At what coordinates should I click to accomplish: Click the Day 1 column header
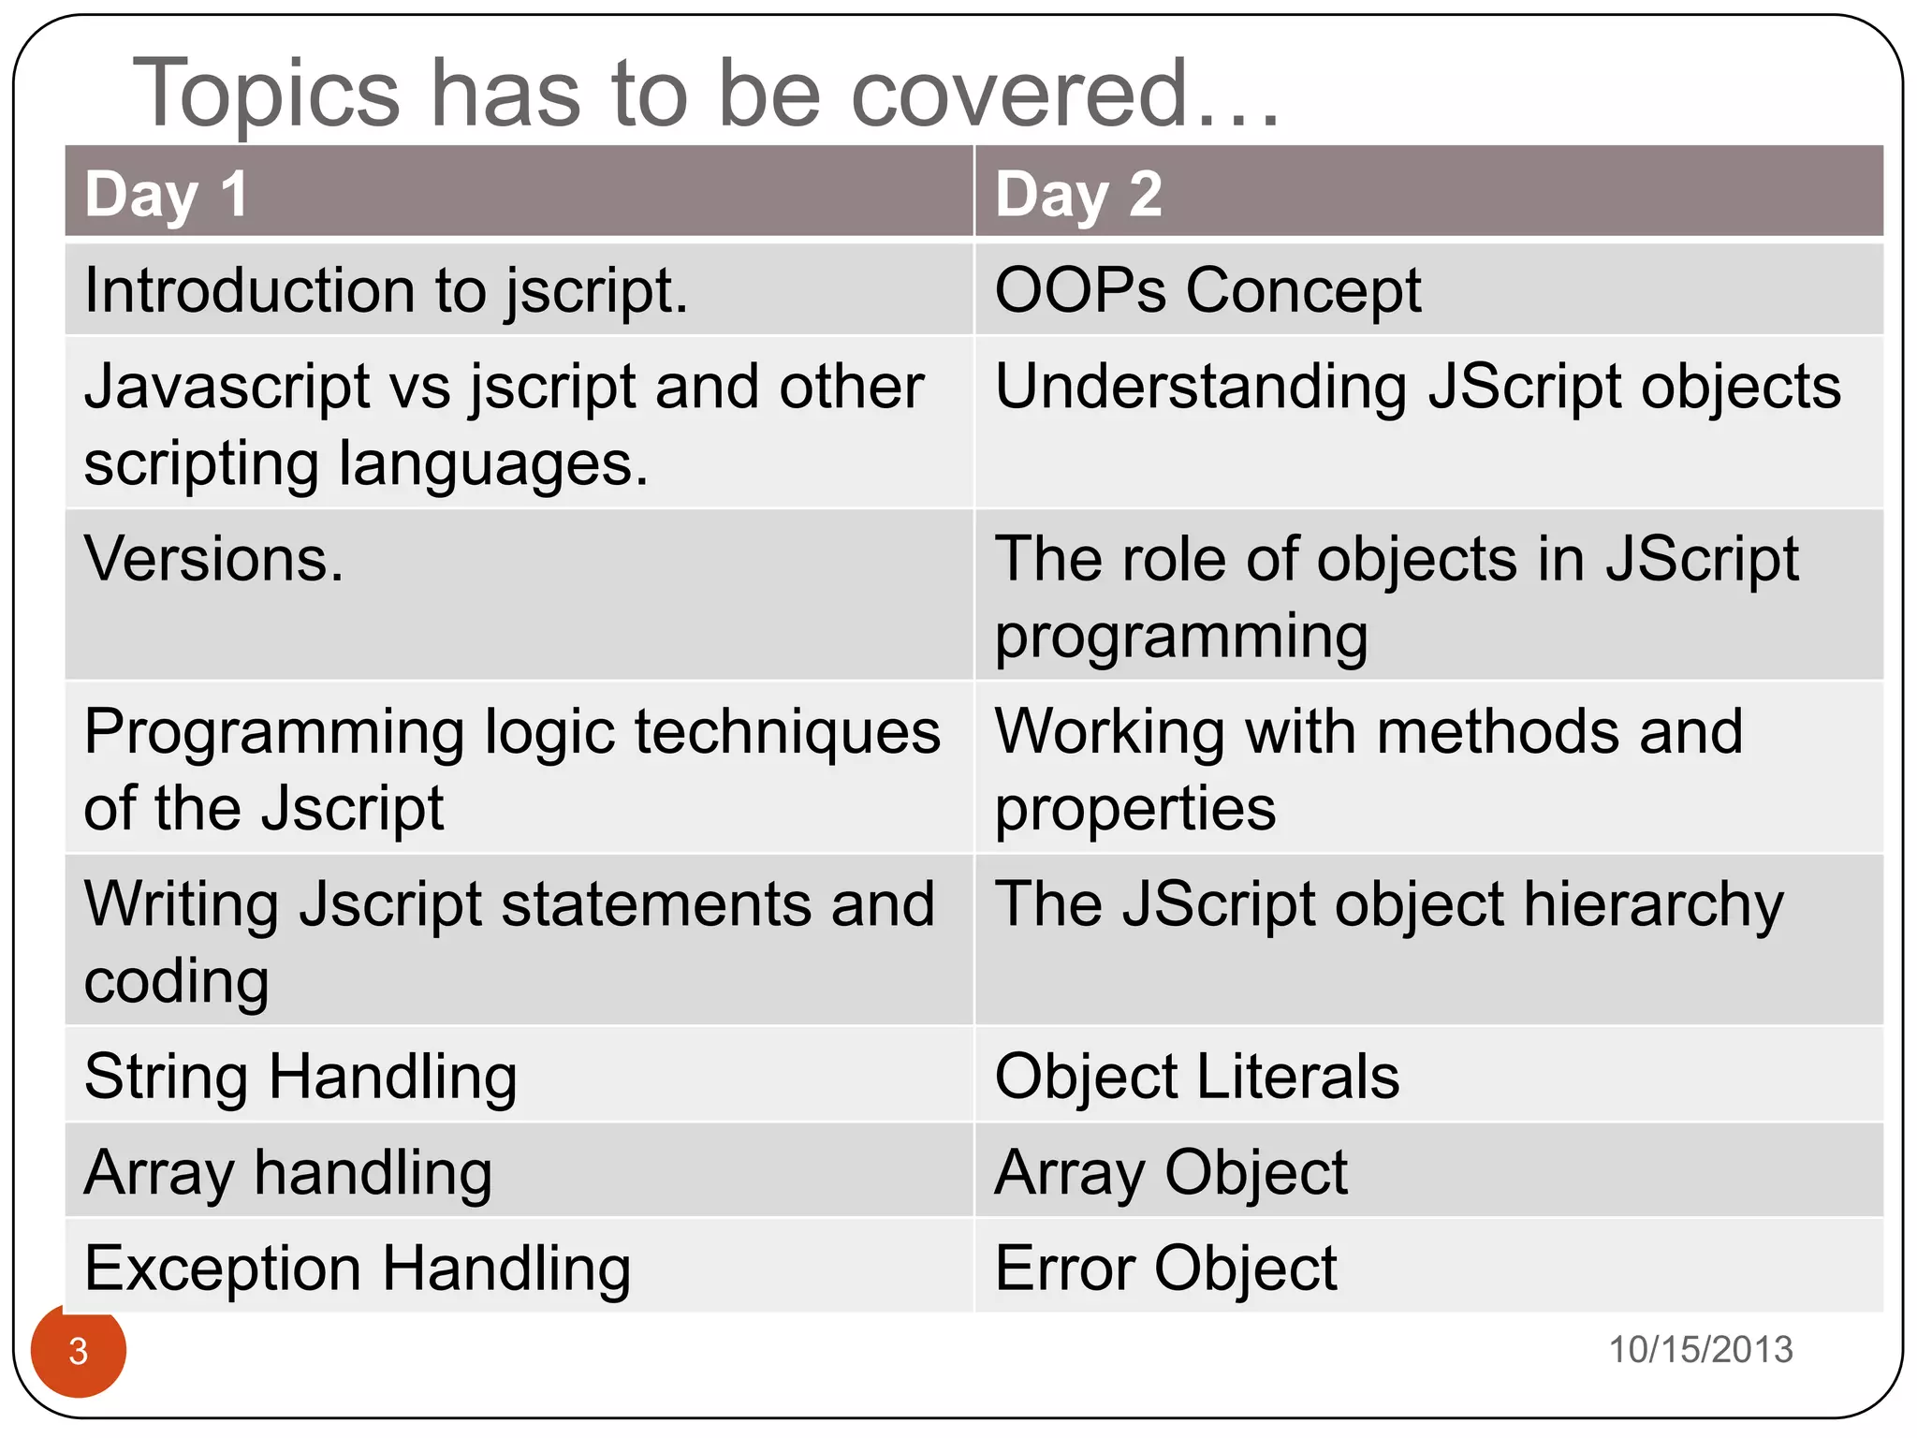pyautogui.click(x=167, y=194)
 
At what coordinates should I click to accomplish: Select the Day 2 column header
pyautogui.click(x=1078, y=194)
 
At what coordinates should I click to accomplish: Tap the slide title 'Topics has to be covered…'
pyautogui.click(x=707, y=93)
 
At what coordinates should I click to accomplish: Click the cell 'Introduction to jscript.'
pyautogui.click(x=386, y=290)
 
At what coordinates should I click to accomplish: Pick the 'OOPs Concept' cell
pyautogui.click(x=1207, y=290)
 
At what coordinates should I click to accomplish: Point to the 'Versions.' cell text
pyautogui.click(x=214, y=559)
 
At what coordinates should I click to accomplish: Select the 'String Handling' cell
pyautogui.click(x=300, y=1077)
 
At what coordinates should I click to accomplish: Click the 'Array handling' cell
pyautogui.click(x=288, y=1172)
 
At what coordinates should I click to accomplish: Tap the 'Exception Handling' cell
pyautogui.click(x=358, y=1269)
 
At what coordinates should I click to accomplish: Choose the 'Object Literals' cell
pyautogui.click(x=1197, y=1077)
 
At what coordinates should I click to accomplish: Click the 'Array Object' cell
pyautogui.click(x=1171, y=1172)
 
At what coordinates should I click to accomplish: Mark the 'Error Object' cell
pyautogui.click(x=1165, y=1269)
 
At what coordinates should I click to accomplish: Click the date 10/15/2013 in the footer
pyautogui.click(x=1700, y=1350)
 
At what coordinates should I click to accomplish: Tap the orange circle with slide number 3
pyautogui.click(x=79, y=1351)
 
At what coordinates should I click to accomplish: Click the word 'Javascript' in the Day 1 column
pyautogui.click(x=228, y=387)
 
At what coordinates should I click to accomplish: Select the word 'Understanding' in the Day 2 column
pyautogui.click(x=1201, y=387)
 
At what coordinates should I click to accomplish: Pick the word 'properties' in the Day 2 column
pyautogui.click(x=1134, y=808)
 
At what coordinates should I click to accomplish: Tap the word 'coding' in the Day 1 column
pyautogui.click(x=177, y=981)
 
